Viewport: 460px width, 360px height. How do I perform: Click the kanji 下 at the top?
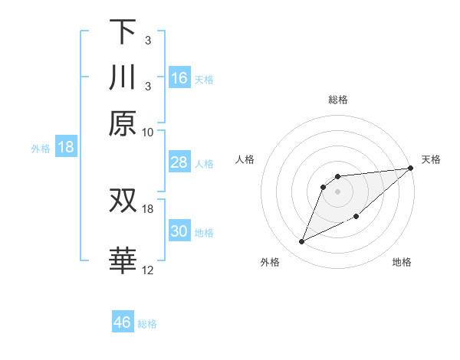coord(123,32)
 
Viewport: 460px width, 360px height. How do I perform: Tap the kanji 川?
coord(123,77)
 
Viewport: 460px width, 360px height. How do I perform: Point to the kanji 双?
coord(123,201)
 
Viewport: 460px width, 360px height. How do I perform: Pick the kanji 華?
coord(123,260)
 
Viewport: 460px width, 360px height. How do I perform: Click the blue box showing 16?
coord(179,78)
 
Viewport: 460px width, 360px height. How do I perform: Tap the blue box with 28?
coord(179,162)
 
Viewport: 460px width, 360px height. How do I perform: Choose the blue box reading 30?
coord(179,231)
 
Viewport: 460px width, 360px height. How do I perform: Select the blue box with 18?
coord(66,147)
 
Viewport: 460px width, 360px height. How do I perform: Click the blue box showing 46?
coord(123,322)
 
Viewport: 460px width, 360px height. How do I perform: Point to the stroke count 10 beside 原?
coord(148,131)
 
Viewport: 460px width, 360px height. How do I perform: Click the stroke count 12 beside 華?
coord(148,270)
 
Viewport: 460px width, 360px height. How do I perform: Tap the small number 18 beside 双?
coord(148,208)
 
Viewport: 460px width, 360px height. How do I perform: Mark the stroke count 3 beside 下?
coord(147,39)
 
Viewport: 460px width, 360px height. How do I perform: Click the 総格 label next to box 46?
coord(147,324)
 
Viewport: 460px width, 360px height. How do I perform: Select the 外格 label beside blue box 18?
coord(40,149)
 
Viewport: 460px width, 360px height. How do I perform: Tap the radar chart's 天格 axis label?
coord(431,159)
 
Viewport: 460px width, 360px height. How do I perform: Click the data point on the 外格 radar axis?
coord(302,242)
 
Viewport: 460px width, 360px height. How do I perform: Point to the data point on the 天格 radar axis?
coord(410,169)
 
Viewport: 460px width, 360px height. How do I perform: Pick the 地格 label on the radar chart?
coord(402,263)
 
